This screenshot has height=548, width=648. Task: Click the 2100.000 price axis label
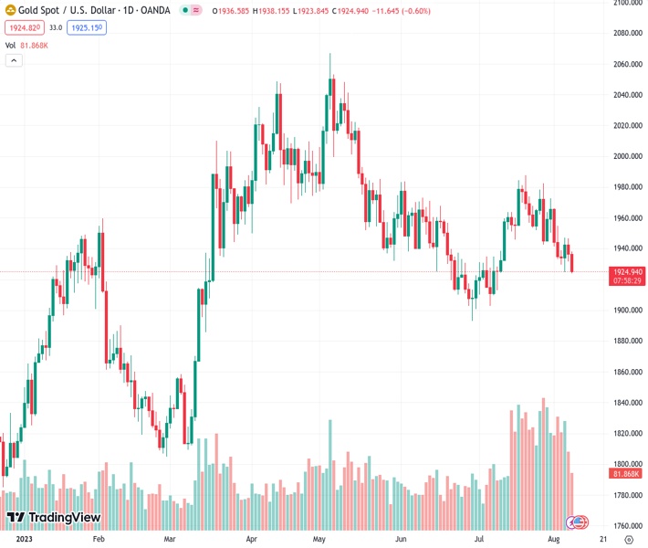click(626, 3)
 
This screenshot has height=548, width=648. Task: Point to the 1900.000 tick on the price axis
click(626, 311)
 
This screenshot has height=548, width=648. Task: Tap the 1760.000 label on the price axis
click(626, 525)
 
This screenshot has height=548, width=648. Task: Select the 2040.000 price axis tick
click(626, 95)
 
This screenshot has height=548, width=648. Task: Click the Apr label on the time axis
click(252, 540)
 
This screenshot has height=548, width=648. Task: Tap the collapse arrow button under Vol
click(14, 60)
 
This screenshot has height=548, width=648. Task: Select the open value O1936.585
click(235, 11)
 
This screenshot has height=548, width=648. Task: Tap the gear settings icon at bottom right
click(628, 540)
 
